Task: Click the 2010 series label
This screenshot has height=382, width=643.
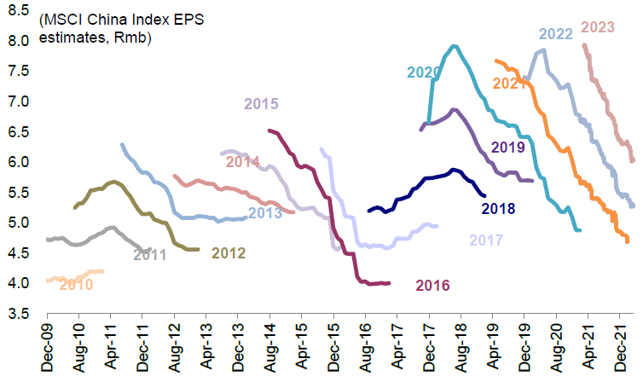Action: [76, 284]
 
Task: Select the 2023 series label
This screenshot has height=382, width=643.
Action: [597, 27]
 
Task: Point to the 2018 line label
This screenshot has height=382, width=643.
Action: [498, 207]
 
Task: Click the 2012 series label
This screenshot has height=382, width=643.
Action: [229, 252]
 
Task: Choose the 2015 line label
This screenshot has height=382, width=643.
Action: [261, 104]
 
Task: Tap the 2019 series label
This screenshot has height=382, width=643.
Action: [508, 147]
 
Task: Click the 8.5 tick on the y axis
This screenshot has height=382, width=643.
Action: [21, 12]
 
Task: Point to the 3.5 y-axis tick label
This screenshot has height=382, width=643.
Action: [21, 314]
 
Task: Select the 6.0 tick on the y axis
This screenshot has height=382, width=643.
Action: [21, 162]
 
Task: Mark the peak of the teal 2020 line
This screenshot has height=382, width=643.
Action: [455, 46]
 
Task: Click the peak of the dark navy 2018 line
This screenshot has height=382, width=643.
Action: [454, 170]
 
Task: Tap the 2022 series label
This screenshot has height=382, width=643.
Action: [554, 34]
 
